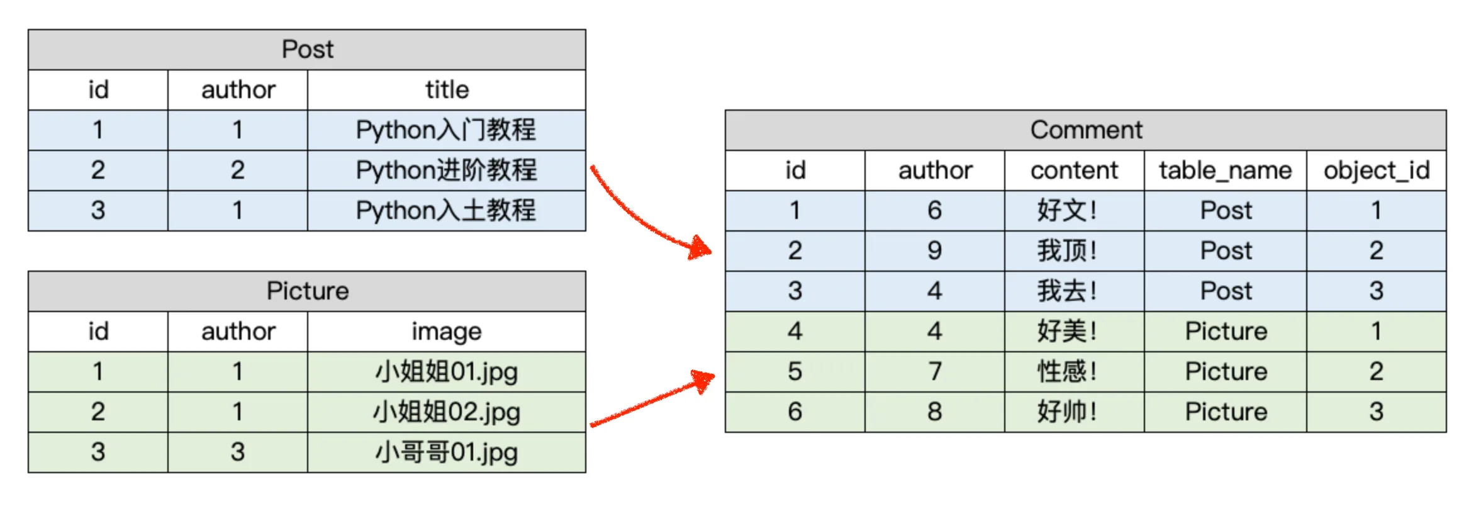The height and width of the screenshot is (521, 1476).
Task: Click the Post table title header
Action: (x=307, y=49)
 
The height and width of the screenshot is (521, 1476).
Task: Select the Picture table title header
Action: (x=307, y=291)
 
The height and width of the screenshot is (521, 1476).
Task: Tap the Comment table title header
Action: (x=1085, y=130)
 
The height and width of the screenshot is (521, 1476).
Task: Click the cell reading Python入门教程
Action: (x=446, y=130)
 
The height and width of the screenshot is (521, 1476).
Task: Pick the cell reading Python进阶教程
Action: (x=446, y=170)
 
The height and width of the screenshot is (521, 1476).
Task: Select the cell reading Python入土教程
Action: (x=446, y=210)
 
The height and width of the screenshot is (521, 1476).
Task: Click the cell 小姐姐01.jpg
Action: (x=446, y=371)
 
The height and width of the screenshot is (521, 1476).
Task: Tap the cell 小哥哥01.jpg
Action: (x=446, y=452)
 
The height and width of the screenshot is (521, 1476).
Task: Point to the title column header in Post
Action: (x=446, y=89)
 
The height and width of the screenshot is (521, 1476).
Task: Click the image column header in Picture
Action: (x=446, y=331)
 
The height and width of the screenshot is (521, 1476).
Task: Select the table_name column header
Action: (x=1225, y=170)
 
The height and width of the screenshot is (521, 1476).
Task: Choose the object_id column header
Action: (x=1376, y=170)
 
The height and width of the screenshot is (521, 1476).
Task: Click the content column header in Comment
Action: (x=1074, y=170)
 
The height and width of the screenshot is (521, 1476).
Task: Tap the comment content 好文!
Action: (x=1067, y=210)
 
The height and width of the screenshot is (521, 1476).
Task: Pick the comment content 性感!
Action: (x=1067, y=371)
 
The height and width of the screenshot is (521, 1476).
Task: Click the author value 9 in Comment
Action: (x=934, y=250)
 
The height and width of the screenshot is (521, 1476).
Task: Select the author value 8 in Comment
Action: (x=934, y=412)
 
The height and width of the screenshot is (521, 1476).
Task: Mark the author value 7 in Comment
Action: (x=934, y=371)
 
